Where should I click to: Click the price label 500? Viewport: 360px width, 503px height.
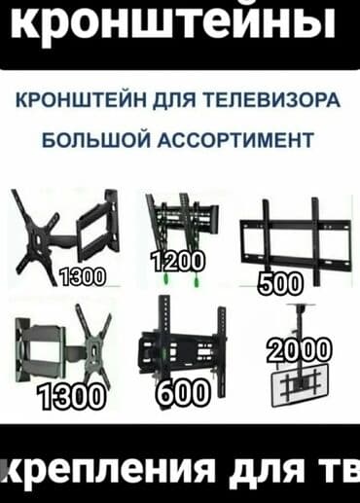coord(281,284)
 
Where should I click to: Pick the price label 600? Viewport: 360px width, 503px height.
coord(181,392)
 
